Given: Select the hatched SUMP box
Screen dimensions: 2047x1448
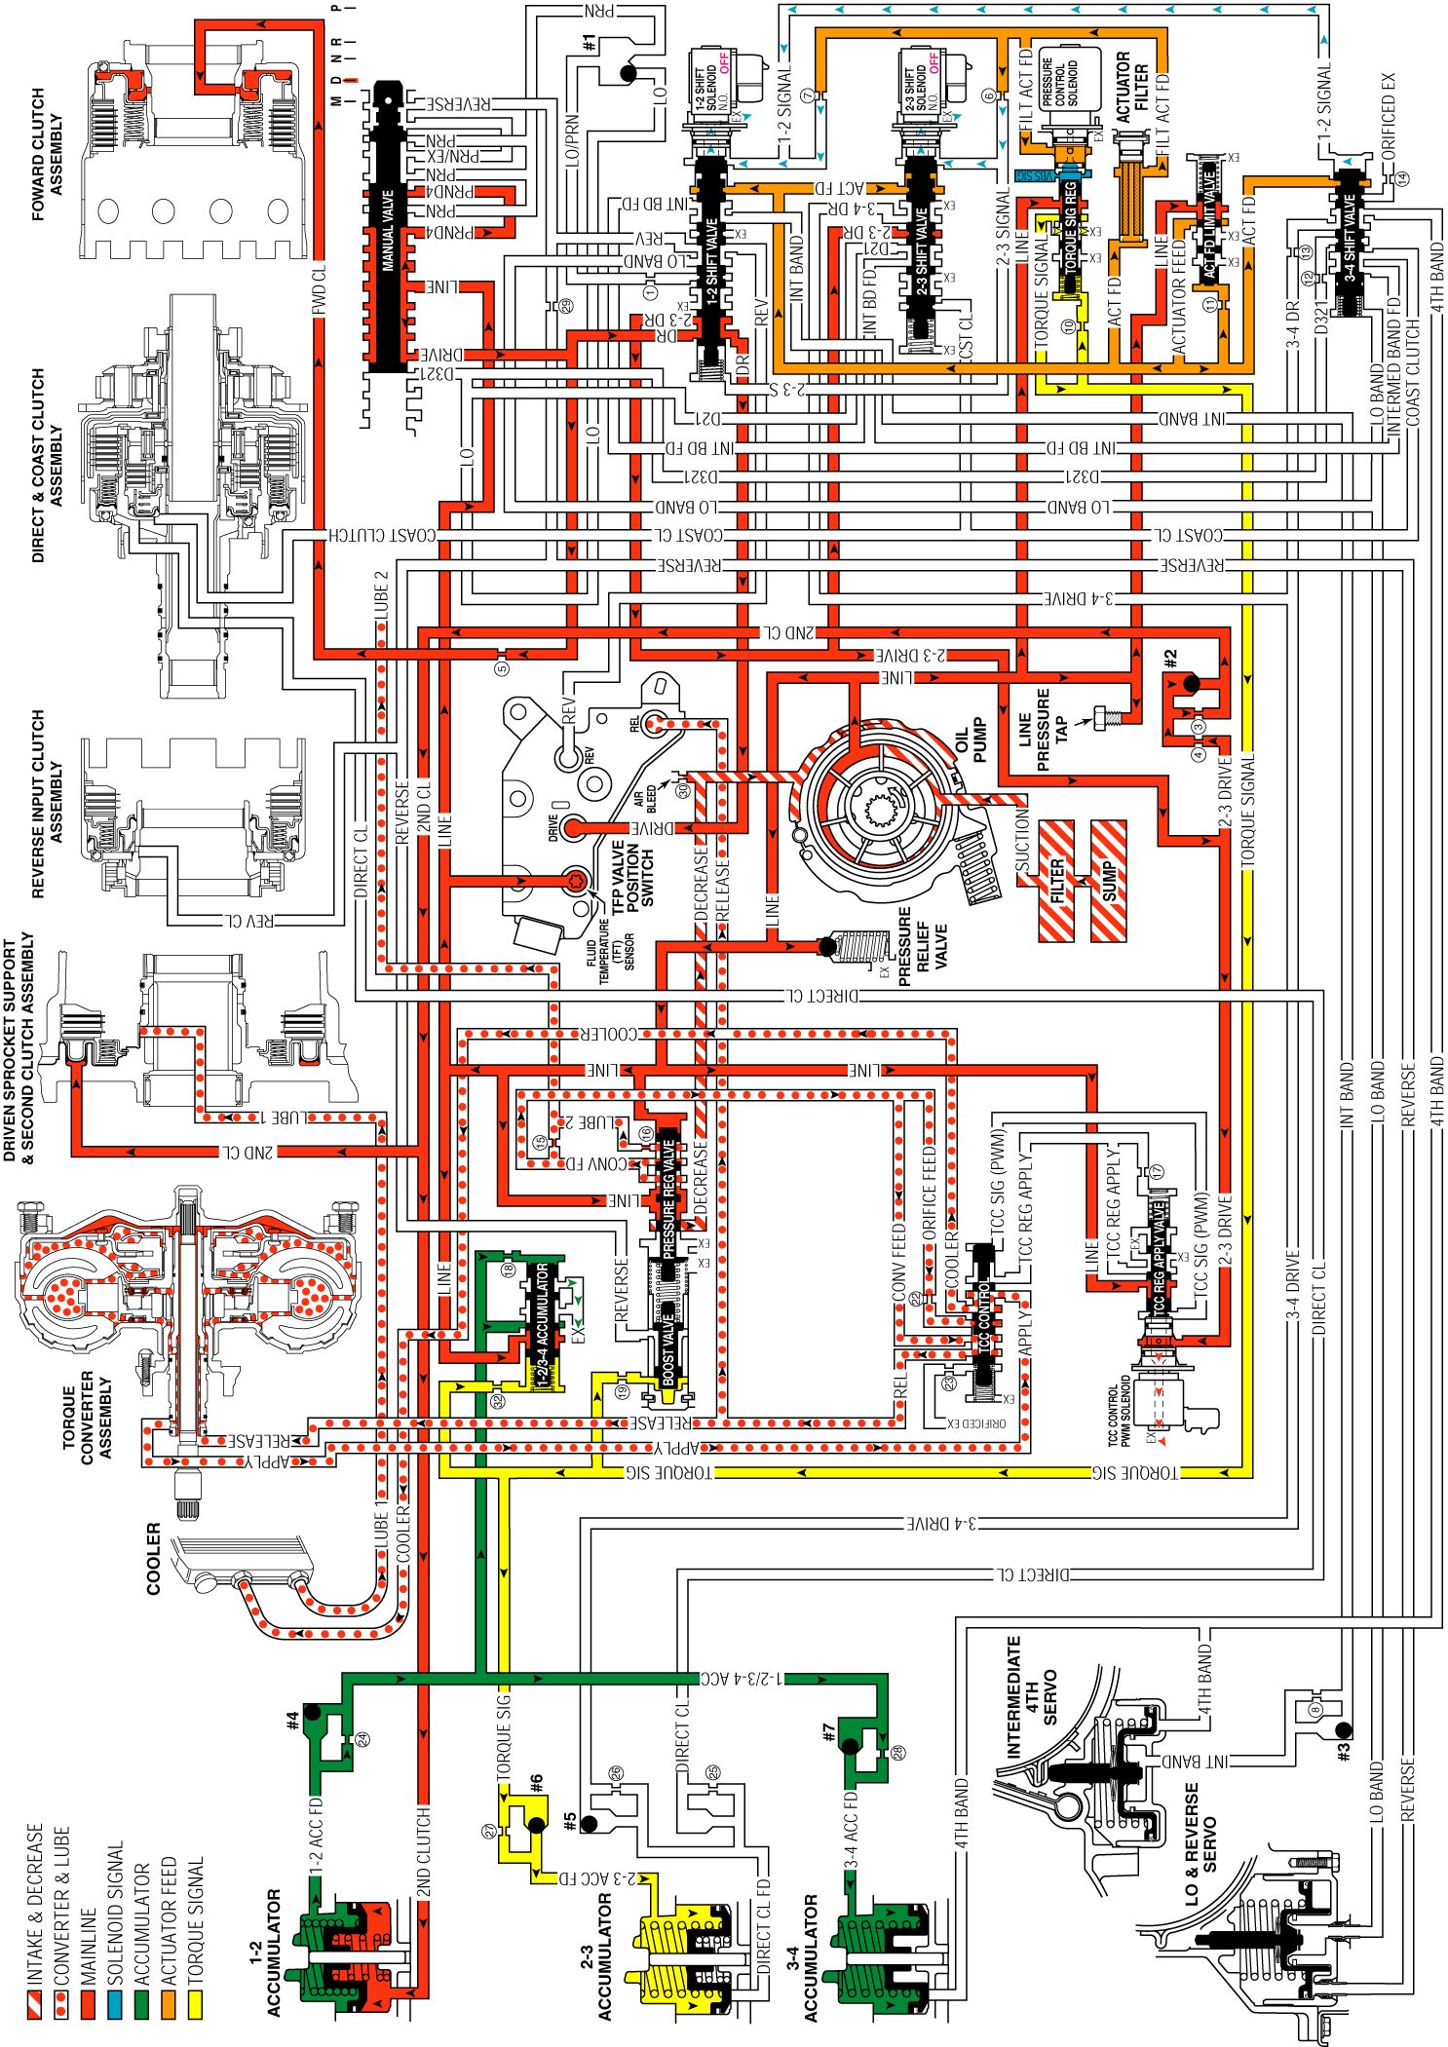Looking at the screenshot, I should click(x=1109, y=881).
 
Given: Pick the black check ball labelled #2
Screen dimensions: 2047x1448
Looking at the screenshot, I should click(x=1190, y=684).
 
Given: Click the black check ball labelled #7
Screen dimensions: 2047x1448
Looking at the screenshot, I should click(x=850, y=1746).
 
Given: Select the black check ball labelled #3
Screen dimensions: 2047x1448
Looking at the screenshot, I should click(x=1344, y=1728).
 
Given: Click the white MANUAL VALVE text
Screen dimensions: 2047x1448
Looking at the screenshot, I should click(x=388, y=230).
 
